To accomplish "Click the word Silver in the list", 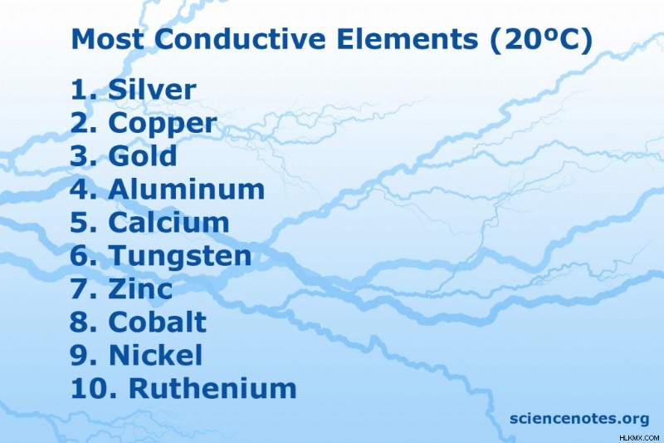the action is click(152, 90).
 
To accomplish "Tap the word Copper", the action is click(163, 125).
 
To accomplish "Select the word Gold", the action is click(143, 155).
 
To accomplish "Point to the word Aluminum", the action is click(187, 189).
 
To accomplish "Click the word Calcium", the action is click(169, 222).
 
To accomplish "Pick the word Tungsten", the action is click(180, 257).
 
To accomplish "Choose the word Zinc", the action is click(140, 288).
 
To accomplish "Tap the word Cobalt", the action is click(158, 322).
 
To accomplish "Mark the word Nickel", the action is click(156, 355).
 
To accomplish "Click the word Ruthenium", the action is click(212, 388).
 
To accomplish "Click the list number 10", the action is click(89, 388).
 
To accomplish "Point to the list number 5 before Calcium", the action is click(80, 222).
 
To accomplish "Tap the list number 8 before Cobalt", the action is click(80, 322).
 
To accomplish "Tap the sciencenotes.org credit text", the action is click(579, 418).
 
